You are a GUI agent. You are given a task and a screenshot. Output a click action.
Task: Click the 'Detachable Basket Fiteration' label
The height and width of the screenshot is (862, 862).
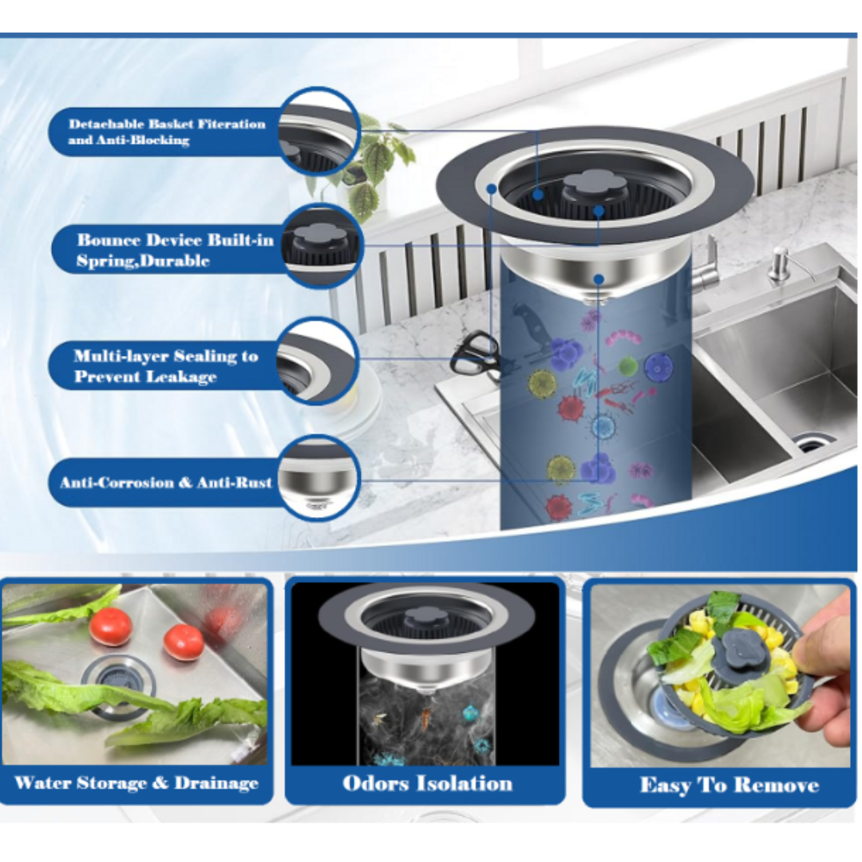point(167,124)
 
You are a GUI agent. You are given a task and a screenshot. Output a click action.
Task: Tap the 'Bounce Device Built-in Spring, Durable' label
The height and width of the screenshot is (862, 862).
point(175,250)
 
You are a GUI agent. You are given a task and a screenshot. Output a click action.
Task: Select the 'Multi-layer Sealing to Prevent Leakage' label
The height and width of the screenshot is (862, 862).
point(165,366)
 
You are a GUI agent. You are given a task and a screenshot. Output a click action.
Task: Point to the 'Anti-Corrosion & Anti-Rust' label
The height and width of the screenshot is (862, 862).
point(166,483)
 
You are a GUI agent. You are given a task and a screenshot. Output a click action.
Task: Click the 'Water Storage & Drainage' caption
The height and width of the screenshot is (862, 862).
point(136,783)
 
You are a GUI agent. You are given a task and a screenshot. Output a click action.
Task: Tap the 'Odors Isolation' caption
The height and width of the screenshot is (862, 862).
point(427,784)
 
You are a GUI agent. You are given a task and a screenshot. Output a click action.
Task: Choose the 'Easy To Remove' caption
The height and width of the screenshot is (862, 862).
point(730,785)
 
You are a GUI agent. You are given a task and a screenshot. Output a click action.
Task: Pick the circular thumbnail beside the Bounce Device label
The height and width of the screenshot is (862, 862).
point(321,246)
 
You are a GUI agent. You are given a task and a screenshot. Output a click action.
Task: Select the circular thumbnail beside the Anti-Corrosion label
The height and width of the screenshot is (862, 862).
point(318,478)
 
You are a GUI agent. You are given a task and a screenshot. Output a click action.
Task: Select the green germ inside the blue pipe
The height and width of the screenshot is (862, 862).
point(627,366)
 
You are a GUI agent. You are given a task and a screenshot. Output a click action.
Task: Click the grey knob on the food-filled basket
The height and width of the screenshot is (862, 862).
point(737,650)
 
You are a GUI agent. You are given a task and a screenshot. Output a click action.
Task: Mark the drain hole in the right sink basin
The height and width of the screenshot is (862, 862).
point(813,441)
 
